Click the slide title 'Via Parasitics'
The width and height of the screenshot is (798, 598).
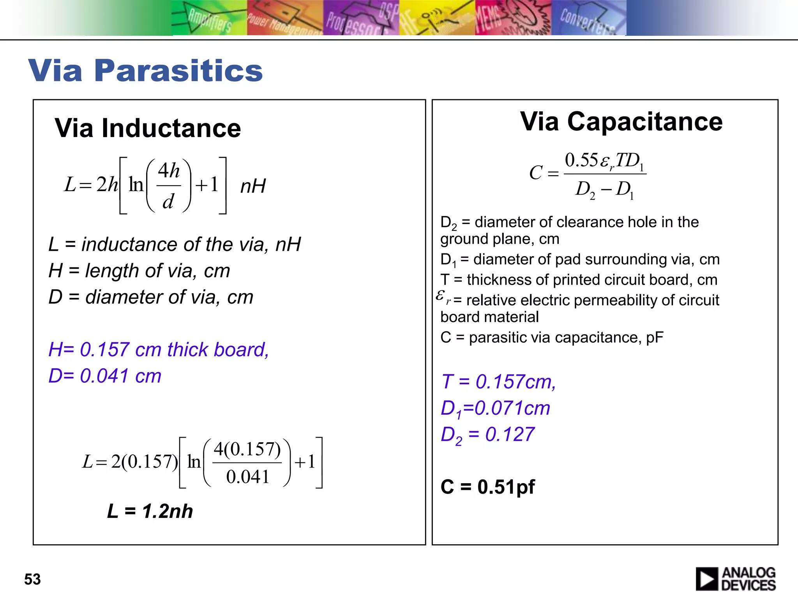click(145, 70)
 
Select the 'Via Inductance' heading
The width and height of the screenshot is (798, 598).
click(148, 128)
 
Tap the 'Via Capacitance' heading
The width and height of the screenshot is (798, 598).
click(621, 121)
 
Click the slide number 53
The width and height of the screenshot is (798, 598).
click(32, 579)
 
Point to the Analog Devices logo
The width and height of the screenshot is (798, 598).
click(735, 579)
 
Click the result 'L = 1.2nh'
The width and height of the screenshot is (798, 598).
click(150, 511)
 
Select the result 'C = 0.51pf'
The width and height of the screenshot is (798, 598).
click(487, 487)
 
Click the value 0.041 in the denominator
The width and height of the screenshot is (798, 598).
click(247, 477)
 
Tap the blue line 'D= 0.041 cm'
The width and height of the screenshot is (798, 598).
click(105, 376)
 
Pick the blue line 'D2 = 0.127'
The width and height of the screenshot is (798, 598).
click(487, 435)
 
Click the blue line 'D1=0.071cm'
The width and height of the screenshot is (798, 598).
click(495, 409)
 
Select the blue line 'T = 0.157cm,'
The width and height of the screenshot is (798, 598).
click(498, 382)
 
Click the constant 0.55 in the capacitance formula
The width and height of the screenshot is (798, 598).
click(581, 160)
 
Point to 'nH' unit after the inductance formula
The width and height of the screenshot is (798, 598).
click(253, 186)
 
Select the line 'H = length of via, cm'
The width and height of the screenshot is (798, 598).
click(139, 271)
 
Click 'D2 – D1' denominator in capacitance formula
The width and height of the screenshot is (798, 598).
click(605, 190)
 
